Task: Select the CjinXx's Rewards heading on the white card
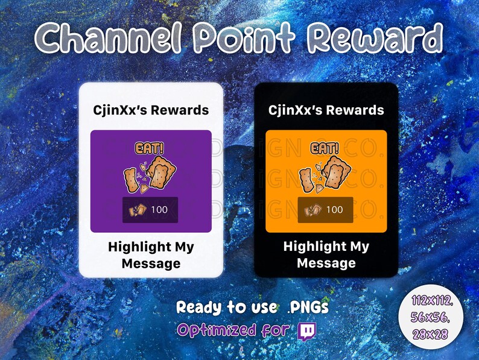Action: [151, 110]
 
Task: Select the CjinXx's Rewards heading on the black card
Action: [326, 110]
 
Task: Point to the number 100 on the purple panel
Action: [159, 210]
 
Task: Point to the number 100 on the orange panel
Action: [334, 210]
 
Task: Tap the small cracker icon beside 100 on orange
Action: [313, 210]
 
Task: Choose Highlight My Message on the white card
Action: [151, 255]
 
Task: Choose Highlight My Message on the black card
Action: [326, 255]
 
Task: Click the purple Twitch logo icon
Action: [307, 330]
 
